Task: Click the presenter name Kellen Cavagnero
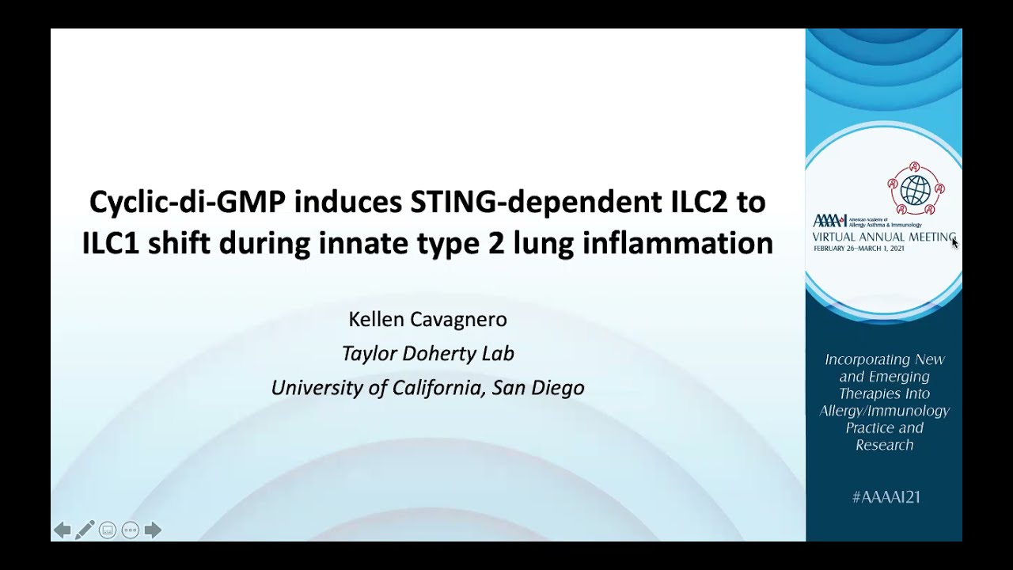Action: tap(427, 319)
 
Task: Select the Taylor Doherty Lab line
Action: tap(427, 353)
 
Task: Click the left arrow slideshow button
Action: tap(62, 530)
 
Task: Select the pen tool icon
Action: tap(85, 530)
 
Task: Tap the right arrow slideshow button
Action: tap(153, 530)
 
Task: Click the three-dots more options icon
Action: tap(131, 530)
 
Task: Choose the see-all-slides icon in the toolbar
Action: tap(108, 530)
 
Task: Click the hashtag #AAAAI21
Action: tap(885, 497)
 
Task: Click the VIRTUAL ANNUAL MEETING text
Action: tap(883, 237)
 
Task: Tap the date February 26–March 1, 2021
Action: tap(859, 249)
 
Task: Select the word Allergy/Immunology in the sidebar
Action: tap(884, 411)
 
